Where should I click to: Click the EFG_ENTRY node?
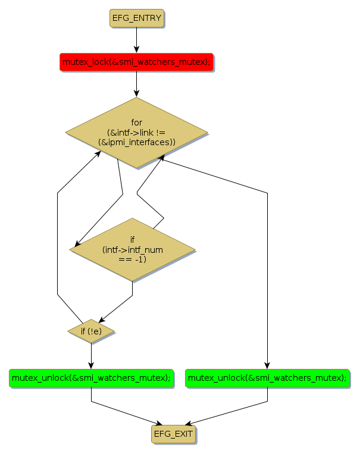pos(136,18)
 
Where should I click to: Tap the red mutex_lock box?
pos(136,62)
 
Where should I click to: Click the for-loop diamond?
pos(136,132)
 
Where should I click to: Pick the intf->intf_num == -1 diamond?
pos(132,249)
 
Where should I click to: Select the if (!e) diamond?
pos(91,330)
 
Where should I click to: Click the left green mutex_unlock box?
pos(91,378)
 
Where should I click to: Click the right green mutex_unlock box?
pos(267,378)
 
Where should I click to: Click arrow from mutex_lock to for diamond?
pos(136,83)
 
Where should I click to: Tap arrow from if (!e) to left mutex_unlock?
pos(91,356)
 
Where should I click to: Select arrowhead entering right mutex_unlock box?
pos(267,365)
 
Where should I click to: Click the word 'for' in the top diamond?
pos(136,123)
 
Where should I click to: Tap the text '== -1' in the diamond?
pos(132,259)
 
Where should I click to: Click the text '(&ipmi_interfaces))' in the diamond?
pos(136,142)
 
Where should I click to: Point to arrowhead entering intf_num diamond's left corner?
pos(74,246)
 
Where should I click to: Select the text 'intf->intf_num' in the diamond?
pos(132,250)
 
